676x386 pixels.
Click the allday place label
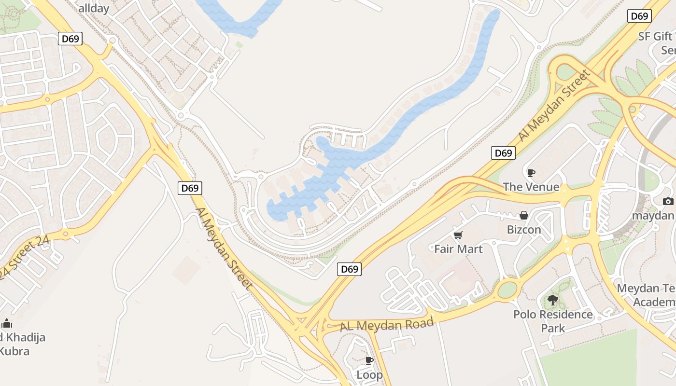click(94, 8)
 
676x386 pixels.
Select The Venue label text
click(531, 187)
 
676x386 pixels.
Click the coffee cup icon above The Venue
click(531, 173)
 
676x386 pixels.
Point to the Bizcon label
click(524, 229)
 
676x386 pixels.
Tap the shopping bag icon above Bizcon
click(524, 215)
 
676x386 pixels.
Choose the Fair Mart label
click(458, 249)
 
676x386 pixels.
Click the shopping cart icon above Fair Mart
click(458, 235)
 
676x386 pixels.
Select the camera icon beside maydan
click(668, 201)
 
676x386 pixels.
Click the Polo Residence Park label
click(553, 321)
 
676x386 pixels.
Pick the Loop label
click(369, 374)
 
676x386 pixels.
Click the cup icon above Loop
click(369, 360)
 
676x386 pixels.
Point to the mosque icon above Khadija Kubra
click(7, 323)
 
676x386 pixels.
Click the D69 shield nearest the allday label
click(70, 39)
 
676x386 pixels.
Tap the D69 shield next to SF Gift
click(640, 16)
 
